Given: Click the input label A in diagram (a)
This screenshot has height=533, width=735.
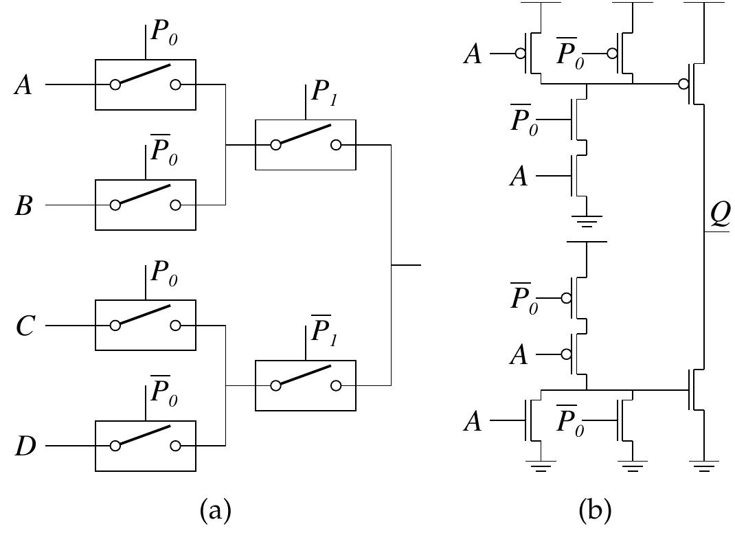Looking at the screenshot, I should [x=24, y=86].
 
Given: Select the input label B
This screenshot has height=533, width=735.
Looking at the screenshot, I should [x=24, y=205].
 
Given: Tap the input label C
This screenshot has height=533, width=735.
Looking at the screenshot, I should [x=24, y=326].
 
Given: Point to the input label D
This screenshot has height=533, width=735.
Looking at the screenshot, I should [x=24, y=446].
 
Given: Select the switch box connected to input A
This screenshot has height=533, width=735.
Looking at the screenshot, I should [x=146, y=84].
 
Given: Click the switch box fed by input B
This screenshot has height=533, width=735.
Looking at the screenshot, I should [x=146, y=205].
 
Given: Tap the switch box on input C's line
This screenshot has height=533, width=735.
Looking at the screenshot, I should [x=146, y=325].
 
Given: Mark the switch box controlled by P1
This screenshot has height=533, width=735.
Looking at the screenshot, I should [x=306, y=145].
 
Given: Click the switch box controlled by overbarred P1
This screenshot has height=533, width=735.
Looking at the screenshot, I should [x=306, y=385].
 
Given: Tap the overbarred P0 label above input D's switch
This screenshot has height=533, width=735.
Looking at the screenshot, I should [x=163, y=393].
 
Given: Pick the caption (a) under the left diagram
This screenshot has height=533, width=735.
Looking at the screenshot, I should [x=214, y=510].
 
